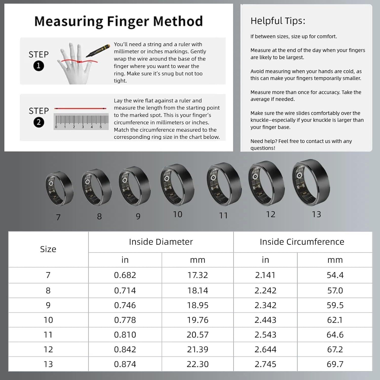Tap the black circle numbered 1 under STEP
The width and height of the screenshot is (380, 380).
39,66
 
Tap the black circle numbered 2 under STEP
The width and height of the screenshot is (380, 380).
39,122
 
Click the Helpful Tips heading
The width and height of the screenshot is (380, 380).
278,21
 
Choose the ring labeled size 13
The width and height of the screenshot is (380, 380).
311,182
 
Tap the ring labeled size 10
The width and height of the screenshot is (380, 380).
177,185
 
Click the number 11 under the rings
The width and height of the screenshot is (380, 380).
223,216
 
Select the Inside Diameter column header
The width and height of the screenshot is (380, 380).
161,242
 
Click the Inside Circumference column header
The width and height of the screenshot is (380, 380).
302,242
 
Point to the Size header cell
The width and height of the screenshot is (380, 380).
48,249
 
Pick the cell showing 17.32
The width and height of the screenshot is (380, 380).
198,275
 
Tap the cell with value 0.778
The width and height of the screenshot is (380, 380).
125,320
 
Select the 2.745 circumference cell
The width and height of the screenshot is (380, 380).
265,364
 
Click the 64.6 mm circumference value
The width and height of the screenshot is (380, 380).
335,335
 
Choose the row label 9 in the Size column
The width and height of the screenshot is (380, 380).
48,305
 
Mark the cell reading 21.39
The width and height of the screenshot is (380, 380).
198,349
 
